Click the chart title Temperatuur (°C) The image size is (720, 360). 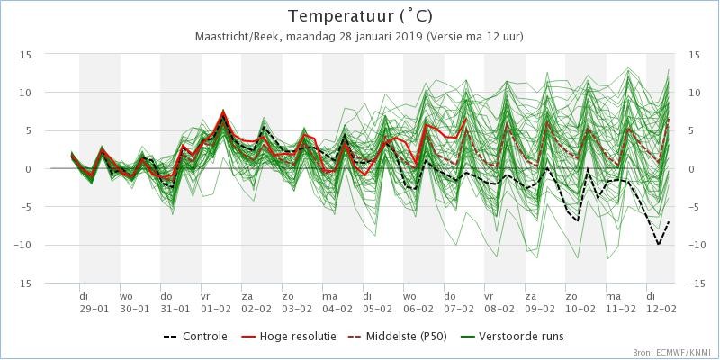tap(361, 16)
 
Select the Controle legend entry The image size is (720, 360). tap(195, 337)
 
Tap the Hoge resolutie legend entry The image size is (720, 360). tap(288, 337)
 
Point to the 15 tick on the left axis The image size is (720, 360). tap(25, 55)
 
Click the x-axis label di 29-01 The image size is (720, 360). tap(94, 301)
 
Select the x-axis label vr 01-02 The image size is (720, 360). tap(216, 301)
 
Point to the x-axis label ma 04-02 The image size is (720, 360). tap(337, 301)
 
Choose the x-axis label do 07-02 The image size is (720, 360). tap(459, 301)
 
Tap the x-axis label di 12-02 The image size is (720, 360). tap(661, 301)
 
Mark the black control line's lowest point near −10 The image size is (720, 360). tap(659, 245)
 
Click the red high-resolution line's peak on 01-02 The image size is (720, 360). tap(223, 111)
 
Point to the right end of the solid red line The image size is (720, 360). tap(466, 119)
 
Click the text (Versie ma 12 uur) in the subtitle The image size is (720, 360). tap(475, 37)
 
